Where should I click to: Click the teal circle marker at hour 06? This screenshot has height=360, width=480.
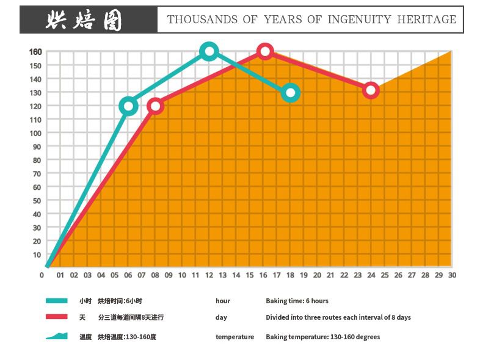click(x=128, y=106)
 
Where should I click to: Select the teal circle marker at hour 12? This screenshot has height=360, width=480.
click(x=209, y=51)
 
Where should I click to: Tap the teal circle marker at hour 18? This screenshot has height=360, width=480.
click(x=291, y=93)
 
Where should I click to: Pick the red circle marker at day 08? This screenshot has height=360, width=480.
click(x=155, y=106)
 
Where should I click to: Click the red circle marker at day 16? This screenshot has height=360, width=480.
click(x=264, y=51)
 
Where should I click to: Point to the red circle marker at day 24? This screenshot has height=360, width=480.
click(x=371, y=90)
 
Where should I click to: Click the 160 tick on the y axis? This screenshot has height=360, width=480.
click(x=35, y=51)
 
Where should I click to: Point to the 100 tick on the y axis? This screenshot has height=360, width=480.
click(x=35, y=133)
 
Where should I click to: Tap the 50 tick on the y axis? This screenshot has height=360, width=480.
click(x=37, y=200)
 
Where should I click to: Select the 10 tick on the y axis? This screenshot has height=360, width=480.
click(x=37, y=254)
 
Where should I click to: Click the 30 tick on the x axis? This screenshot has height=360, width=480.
click(x=452, y=275)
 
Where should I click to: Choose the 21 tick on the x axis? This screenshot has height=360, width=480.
click(x=330, y=275)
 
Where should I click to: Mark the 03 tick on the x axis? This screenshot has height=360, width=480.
click(x=87, y=275)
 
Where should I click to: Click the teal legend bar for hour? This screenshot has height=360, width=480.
click(x=56, y=301)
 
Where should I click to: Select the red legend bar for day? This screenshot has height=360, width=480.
click(x=56, y=317)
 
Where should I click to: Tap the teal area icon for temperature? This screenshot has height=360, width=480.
click(x=56, y=336)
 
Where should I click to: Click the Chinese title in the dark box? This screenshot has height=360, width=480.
click(x=84, y=20)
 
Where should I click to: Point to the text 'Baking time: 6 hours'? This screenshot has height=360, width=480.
click(x=297, y=301)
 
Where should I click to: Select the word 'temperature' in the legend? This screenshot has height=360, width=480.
click(x=235, y=337)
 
